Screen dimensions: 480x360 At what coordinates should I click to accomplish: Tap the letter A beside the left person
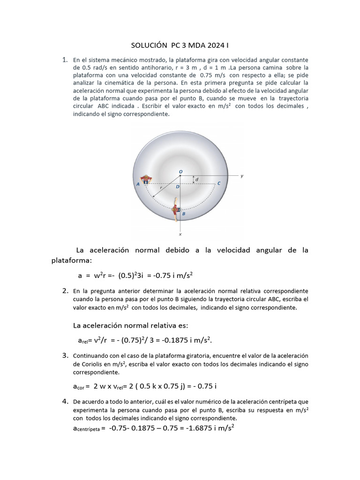(x=138, y=185)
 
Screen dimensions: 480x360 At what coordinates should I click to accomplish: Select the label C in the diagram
(x=219, y=183)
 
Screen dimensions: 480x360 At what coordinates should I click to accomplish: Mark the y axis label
(x=242, y=176)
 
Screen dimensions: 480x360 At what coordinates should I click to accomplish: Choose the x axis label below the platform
(x=180, y=233)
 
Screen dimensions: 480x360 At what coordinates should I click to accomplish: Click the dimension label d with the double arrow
(x=196, y=180)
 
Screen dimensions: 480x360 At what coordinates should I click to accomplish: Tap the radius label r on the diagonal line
(x=161, y=187)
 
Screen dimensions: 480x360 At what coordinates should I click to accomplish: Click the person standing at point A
(x=147, y=180)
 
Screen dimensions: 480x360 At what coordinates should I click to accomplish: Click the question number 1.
(x=65, y=60)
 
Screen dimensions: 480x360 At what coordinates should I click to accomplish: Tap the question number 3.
(x=65, y=356)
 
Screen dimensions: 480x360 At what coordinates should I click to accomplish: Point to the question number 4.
(x=65, y=401)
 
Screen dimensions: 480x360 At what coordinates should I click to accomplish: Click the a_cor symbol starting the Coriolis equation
(x=77, y=387)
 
